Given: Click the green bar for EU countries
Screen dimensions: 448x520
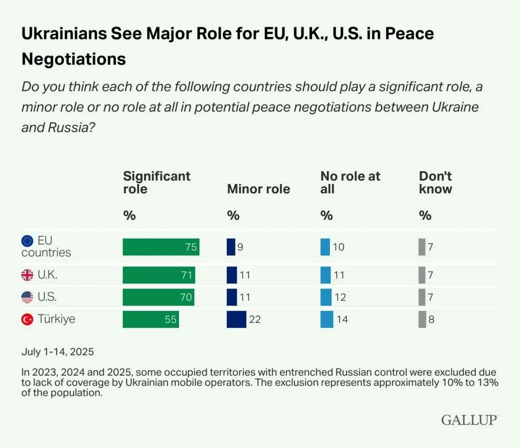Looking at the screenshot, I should tap(161, 247).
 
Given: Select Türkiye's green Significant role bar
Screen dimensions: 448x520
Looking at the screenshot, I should tap(151, 319).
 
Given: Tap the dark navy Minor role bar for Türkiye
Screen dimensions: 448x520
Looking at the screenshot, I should tap(237, 319).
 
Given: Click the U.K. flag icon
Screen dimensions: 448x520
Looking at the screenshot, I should tap(27, 275).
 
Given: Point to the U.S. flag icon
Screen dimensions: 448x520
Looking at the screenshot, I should tap(27, 297).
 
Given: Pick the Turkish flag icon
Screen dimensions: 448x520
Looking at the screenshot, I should tap(27, 320).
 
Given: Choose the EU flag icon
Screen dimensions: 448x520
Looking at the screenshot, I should tap(27, 241).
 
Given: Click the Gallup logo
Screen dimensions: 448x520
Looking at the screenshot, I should tap(470, 420).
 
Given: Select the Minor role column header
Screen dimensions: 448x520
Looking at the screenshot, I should tap(258, 189).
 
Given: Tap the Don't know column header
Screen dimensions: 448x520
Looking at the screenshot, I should tap(435, 182).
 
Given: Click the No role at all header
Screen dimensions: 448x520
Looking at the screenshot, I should tap(350, 182).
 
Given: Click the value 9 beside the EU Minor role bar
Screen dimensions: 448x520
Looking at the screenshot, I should tap(240, 247).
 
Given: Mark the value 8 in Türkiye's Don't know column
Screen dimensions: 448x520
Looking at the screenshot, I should tap(431, 320).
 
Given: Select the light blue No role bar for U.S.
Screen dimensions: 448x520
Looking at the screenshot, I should tap(326, 297).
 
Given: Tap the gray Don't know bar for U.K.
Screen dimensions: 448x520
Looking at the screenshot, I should tap(422, 275).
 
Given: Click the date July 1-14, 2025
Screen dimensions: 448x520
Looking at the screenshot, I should tap(57, 352).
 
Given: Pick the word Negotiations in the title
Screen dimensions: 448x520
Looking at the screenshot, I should tap(73, 59).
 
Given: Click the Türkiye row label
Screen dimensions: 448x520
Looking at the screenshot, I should tap(56, 319).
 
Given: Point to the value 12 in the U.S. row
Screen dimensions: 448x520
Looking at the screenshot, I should tap(340, 298).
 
